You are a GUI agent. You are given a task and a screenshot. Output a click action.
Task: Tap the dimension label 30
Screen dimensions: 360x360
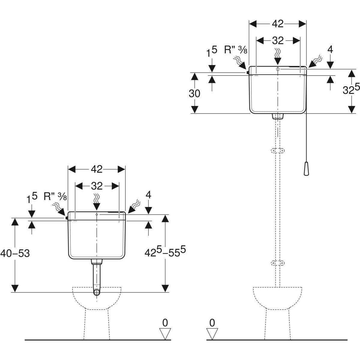click(x=194, y=94)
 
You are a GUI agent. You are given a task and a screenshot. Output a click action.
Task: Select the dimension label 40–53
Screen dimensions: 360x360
click(x=15, y=253)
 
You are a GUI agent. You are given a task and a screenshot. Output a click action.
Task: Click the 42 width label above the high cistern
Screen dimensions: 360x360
click(x=278, y=24)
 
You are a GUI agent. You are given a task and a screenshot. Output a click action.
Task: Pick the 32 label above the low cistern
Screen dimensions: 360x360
click(x=97, y=186)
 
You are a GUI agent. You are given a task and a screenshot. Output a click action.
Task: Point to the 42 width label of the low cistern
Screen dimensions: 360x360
click(x=97, y=169)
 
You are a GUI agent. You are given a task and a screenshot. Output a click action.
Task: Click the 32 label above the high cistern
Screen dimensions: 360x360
click(x=278, y=40)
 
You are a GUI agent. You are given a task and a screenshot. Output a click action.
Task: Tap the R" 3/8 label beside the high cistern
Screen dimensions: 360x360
click(x=235, y=49)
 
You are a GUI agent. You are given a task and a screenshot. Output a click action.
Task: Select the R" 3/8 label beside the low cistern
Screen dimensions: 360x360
click(x=55, y=196)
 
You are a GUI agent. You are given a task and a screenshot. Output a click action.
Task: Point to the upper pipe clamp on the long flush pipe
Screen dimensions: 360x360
click(x=277, y=151)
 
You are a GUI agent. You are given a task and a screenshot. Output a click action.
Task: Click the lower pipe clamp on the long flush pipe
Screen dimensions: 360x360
click(x=277, y=263)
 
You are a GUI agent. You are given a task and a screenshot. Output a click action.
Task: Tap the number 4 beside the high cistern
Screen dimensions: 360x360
click(x=330, y=49)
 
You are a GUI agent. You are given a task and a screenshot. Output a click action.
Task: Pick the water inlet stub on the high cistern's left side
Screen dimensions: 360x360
click(x=247, y=72)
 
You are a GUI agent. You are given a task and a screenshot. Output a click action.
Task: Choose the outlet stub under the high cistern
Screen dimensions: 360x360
click(x=277, y=116)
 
